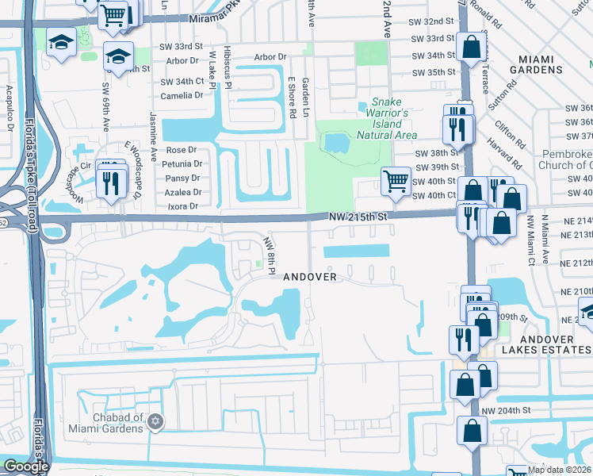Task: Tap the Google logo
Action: tap(25, 466)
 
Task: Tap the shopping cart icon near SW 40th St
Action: tap(396, 181)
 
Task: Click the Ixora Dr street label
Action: tap(182, 206)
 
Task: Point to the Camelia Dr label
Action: tap(182, 95)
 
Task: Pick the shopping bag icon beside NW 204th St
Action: tap(472, 431)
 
